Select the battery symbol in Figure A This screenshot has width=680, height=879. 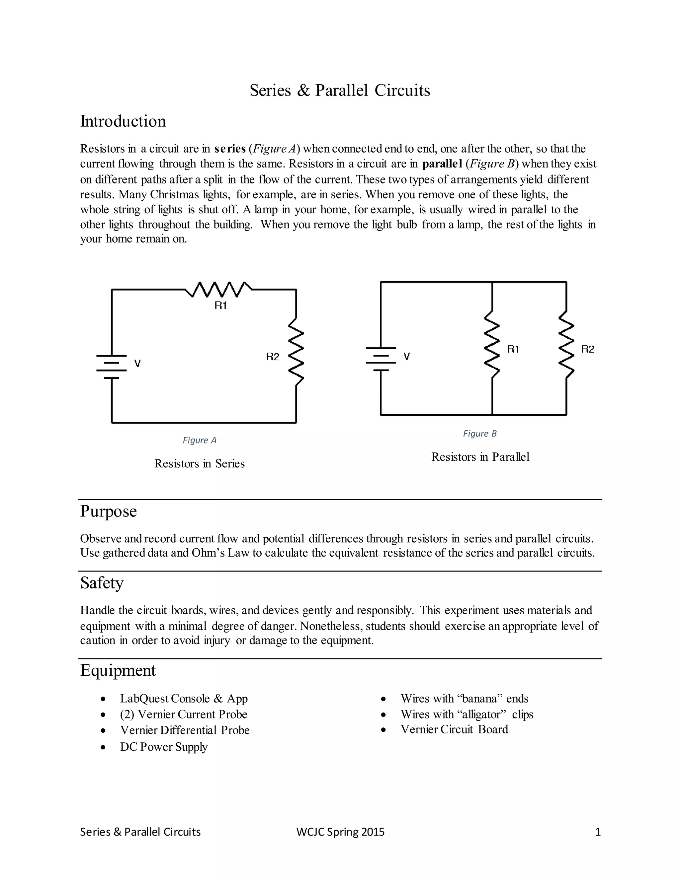tap(112, 367)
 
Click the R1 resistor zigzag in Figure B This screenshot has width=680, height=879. tap(492, 344)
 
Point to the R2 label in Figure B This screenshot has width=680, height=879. tap(587, 349)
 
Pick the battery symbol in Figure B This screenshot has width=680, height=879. tap(381, 359)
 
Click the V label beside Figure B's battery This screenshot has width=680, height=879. tap(407, 356)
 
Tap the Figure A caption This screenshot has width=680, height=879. tap(200, 440)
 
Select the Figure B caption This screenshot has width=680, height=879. tap(479, 434)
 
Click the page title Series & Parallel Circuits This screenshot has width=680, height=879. tap(340, 90)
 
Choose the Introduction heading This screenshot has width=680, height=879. tap(123, 121)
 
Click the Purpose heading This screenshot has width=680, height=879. tap(108, 511)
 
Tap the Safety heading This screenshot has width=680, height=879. tap(102, 583)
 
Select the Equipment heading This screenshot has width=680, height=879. tap(118, 670)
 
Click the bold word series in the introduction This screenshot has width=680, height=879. tap(230, 149)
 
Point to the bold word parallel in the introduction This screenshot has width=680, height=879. tap(442, 164)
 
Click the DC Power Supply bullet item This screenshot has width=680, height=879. tap(164, 747)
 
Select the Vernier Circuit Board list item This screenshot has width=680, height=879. tap(454, 729)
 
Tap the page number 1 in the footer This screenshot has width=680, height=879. tap(598, 832)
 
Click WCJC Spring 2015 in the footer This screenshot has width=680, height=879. tap(340, 832)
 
